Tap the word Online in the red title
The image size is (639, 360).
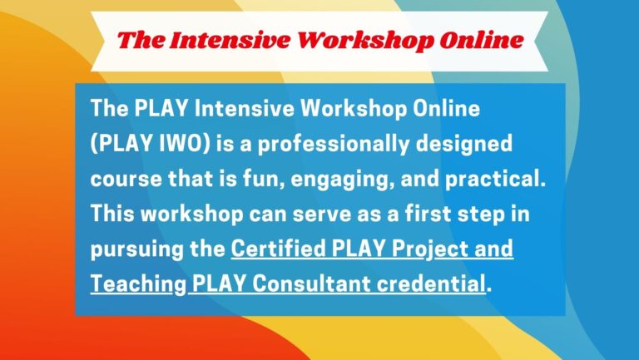pyautogui.click(x=481, y=40)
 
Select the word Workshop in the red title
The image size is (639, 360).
pyautogui.click(x=365, y=41)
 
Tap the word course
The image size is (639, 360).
pyautogui.click(x=126, y=180)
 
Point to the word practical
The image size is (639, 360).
pyautogui.click(x=495, y=180)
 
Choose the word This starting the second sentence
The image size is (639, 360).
pyautogui.click(x=112, y=214)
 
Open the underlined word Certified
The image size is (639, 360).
pyautogui.click(x=279, y=249)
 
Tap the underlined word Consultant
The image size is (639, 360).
pyautogui.click(x=311, y=284)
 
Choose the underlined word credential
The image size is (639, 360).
pyautogui.click(x=431, y=284)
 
